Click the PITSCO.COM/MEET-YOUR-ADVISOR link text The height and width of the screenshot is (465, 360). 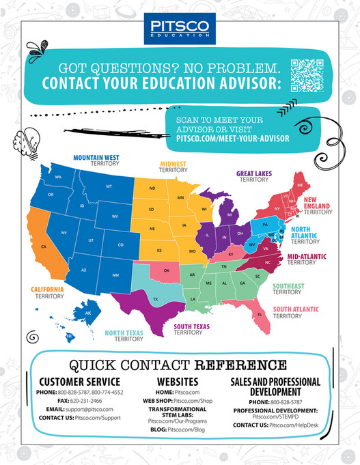pyautogui.click(x=232, y=139)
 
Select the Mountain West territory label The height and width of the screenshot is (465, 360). pyautogui.click(x=96, y=160)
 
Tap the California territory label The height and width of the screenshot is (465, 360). pyautogui.click(x=47, y=292)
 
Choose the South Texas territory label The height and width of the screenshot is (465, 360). pyautogui.click(x=191, y=330)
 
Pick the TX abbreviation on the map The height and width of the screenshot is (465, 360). pyautogui.click(x=156, y=298)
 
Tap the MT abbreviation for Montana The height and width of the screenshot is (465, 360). pyautogui.click(x=109, y=186)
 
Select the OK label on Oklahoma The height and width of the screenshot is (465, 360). pyautogui.click(x=166, y=270)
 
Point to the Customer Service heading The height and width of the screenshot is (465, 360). pyautogui.click(x=79, y=381)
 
